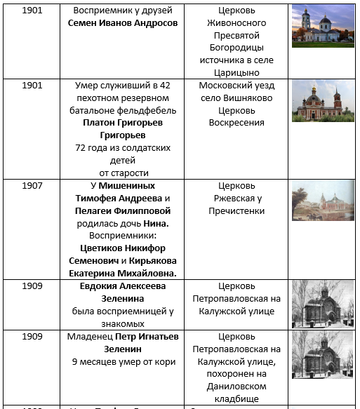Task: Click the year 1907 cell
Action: pos(32,186)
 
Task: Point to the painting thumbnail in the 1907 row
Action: pos(323,201)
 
